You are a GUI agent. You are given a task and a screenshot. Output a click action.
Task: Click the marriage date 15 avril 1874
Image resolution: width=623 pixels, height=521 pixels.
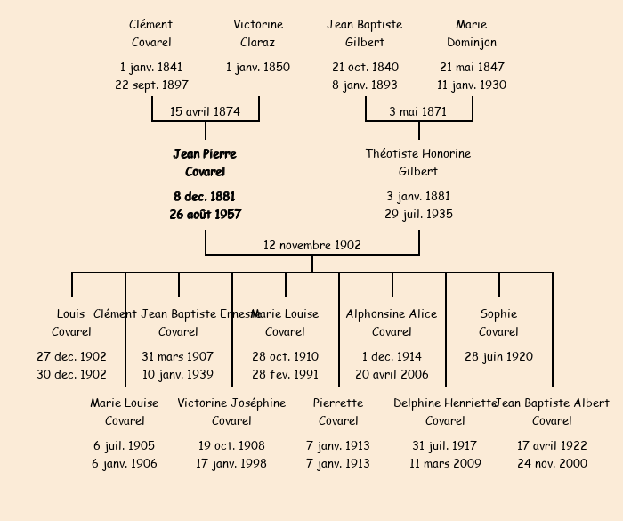(205, 112)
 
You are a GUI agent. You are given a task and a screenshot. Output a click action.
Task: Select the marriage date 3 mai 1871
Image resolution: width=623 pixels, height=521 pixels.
(418, 112)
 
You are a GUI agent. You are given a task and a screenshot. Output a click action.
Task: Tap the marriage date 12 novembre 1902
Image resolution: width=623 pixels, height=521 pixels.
(312, 246)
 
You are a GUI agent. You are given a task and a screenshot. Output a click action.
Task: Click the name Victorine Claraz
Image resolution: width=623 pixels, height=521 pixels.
(258, 34)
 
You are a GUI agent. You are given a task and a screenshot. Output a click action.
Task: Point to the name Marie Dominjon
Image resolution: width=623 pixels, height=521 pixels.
(472, 34)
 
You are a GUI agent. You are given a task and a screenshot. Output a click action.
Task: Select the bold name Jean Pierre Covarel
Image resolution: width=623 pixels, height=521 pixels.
(205, 163)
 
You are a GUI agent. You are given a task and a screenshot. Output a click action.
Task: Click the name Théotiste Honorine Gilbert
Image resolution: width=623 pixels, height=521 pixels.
(418, 163)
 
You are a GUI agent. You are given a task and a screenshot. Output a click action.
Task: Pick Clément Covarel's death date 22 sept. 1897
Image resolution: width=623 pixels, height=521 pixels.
(151, 85)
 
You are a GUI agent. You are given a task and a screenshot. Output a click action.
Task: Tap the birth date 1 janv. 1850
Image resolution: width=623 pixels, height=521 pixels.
(258, 68)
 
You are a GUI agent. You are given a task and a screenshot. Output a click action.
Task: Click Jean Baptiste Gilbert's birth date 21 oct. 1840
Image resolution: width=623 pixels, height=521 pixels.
(365, 68)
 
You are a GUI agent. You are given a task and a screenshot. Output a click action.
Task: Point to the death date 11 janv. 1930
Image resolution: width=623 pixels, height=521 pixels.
(472, 85)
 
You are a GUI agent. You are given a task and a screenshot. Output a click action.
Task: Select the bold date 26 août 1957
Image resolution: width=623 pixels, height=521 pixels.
(205, 215)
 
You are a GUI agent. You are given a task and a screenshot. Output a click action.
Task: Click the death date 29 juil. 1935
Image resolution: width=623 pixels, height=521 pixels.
(418, 215)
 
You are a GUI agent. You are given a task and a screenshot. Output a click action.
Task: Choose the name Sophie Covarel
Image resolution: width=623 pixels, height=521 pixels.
(498, 323)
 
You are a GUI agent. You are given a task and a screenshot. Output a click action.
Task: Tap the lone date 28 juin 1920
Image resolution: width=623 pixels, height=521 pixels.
(498, 357)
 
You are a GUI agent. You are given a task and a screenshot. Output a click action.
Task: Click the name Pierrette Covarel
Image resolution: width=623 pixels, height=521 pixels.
(338, 412)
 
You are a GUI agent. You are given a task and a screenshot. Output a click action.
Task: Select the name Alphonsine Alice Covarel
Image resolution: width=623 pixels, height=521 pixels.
(392, 323)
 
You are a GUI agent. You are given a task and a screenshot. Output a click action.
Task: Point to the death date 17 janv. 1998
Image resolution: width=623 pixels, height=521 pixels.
(231, 464)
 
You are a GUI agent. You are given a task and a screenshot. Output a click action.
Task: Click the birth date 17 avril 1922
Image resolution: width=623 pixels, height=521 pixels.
(552, 446)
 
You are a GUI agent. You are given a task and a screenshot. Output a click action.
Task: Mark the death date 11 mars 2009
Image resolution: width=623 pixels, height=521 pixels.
(445, 464)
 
